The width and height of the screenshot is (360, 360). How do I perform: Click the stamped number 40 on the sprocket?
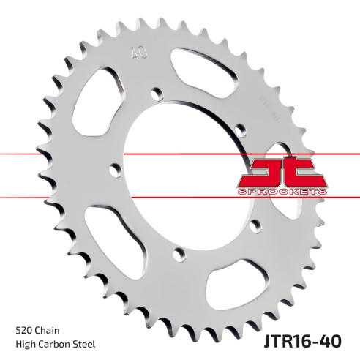click(x=135, y=53)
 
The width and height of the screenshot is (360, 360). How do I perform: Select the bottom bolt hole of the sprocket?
click(x=176, y=255)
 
